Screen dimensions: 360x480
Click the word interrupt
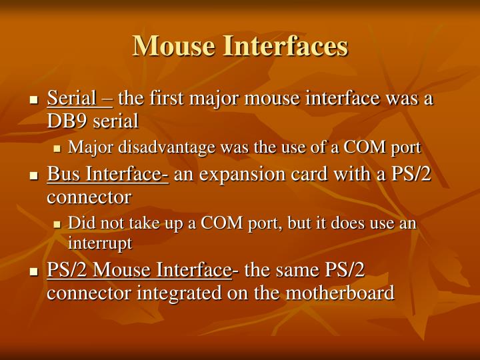(99, 243)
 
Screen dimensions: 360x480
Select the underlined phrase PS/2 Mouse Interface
(139, 270)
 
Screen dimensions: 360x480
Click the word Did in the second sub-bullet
(80, 223)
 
